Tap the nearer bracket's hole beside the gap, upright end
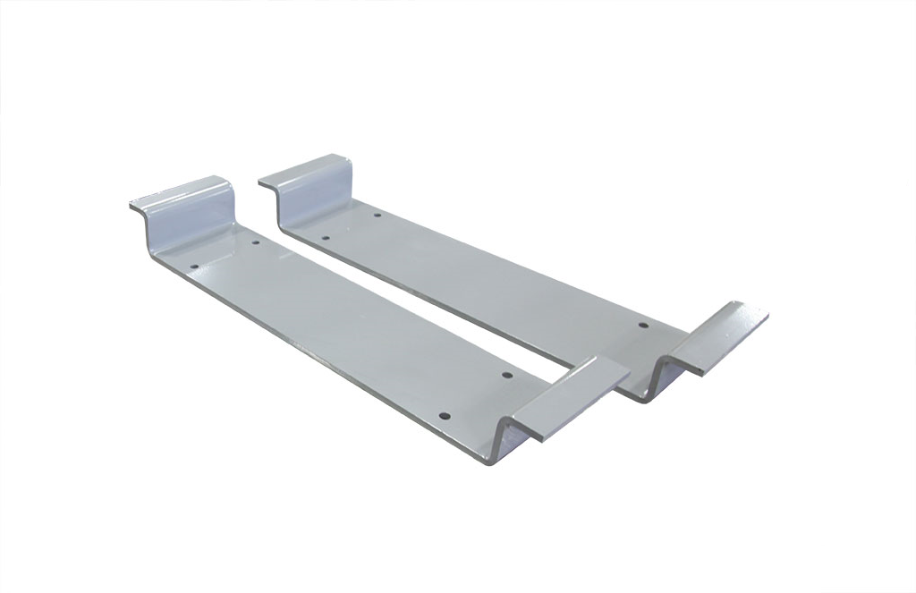(255, 242)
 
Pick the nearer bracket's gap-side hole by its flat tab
(505, 376)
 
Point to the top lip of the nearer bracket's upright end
(179, 191)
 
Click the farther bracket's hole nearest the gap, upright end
(325, 239)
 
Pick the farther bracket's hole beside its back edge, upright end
(377, 216)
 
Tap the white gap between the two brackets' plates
(429, 300)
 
